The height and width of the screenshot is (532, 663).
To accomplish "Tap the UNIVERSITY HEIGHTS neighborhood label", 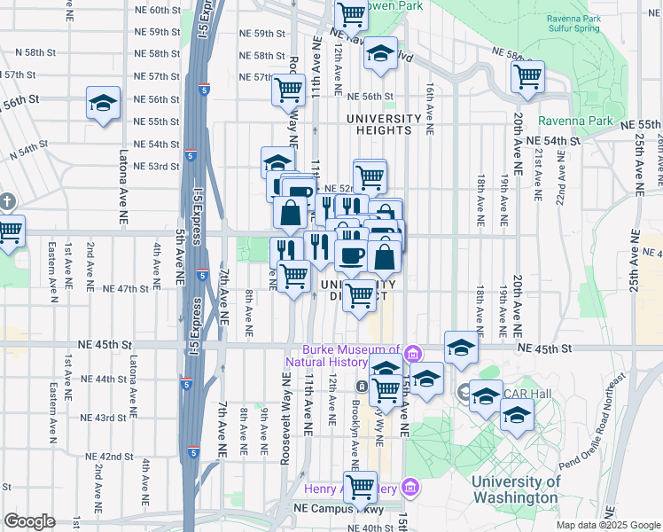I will pyautogui.click(x=384, y=124).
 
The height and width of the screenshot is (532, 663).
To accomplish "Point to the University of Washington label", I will pyautogui.click(x=517, y=489).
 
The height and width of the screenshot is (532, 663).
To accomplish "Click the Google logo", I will pyautogui.click(x=29, y=521).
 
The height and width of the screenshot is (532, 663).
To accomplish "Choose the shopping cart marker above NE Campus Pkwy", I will pyautogui.click(x=360, y=485).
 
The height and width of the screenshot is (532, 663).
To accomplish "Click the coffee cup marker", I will pyautogui.click(x=351, y=255).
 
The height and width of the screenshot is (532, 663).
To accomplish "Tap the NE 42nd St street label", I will pyautogui.click(x=109, y=457).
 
